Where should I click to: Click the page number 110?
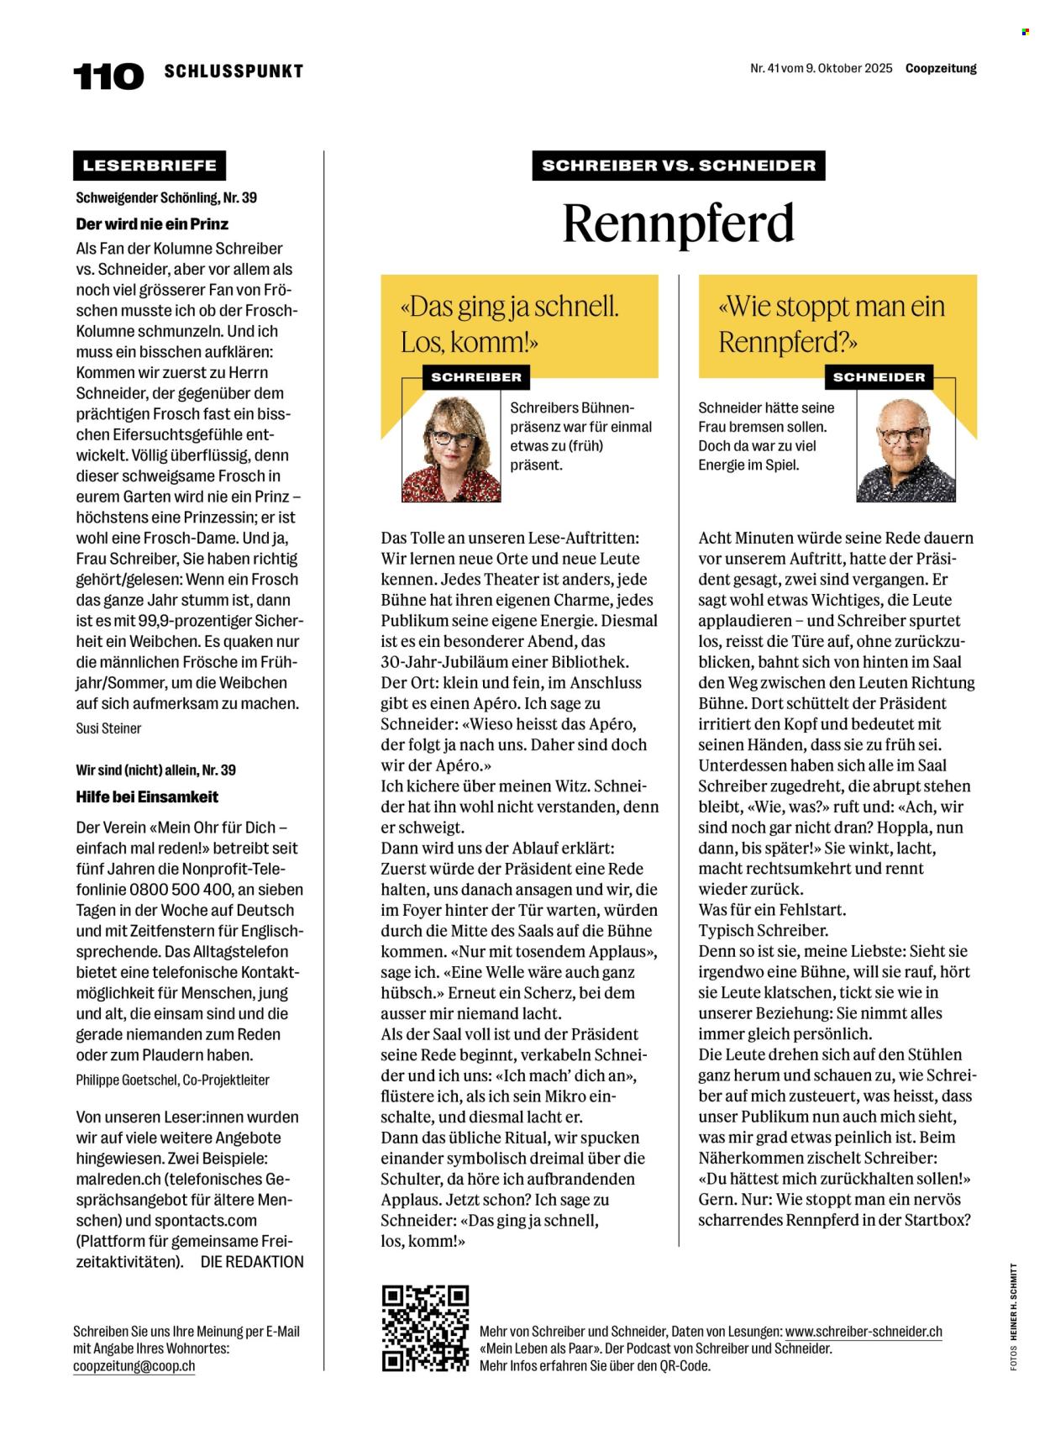[108, 76]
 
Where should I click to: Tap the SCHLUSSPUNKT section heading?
[234, 71]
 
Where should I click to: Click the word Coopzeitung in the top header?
[941, 69]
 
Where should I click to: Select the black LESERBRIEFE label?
[150, 166]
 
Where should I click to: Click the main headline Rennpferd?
[678, 223]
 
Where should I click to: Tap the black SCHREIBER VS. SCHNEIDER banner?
[679, 166]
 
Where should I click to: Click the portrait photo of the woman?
[451, 449]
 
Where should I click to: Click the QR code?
[425, 1328]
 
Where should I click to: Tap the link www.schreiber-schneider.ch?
[864, 1332]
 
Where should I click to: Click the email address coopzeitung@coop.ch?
[134, 1366]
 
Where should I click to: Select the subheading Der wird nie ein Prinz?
[152, 224]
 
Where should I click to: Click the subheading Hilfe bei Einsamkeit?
[147, 796]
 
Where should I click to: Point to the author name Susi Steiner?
[108, 728]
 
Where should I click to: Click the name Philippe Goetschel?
[126, 1080]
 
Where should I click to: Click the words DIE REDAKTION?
[252, 1262]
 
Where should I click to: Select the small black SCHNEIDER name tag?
[879, 377]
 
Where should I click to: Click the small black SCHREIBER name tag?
[476, 377]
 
